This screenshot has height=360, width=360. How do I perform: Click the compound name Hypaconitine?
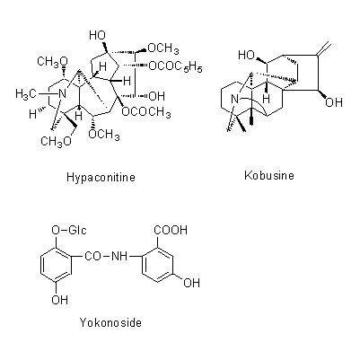click(101, 178)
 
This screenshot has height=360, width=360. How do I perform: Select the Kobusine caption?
click(269, 175)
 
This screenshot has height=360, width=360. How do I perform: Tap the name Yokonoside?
click(110, 322)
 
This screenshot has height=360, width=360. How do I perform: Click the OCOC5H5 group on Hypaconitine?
click(175, 66)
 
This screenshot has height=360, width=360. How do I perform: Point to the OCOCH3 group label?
click(146, 112)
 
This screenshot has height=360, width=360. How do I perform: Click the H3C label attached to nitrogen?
click(24, 94)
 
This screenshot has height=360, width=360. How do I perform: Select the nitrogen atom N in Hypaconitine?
click(62, 94)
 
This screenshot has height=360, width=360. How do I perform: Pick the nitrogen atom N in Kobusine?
click(235, 99)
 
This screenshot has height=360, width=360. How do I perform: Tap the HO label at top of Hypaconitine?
click(98, 35)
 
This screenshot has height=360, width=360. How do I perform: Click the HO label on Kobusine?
click(247, 55)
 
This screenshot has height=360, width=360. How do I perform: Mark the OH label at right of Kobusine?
click(334, 102)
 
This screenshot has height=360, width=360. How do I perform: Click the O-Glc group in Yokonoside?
click(69, 230)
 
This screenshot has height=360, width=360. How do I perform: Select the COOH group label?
click(171, 230)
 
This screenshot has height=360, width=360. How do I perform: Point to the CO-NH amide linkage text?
click(106, 256)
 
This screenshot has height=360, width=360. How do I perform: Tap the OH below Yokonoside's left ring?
click(60, 300)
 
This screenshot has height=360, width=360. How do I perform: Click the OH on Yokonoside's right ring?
click(191, 283)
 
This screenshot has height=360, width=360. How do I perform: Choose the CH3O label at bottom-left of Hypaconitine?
click(57, 141)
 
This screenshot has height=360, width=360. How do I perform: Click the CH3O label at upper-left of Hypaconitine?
click(53, 62)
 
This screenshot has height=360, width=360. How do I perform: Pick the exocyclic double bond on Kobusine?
click(324, 49)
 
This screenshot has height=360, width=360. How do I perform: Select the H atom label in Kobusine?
click(267, 98)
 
